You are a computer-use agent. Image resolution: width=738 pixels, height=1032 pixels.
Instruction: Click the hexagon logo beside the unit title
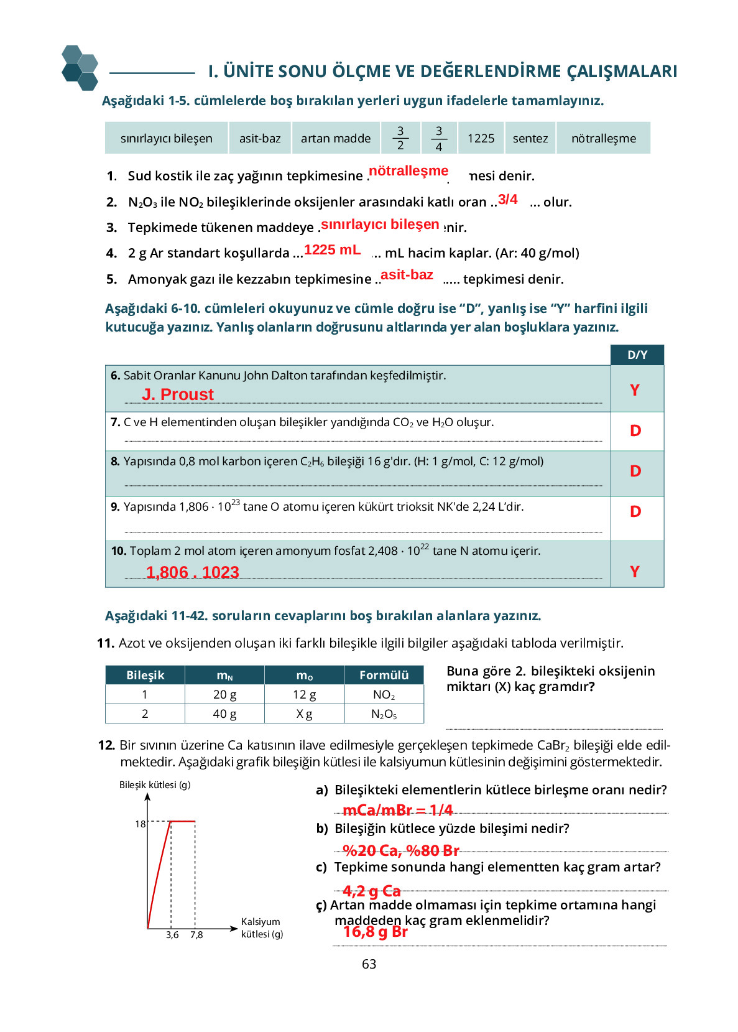[x=80, y=68]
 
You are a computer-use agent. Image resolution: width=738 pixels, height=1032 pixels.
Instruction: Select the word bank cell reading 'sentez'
[x=530, y=138]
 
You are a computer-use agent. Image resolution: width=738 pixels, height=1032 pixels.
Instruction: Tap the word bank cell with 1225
[x=481, y=138]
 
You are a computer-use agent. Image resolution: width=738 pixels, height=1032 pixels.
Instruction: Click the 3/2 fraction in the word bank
[x=400, y=138]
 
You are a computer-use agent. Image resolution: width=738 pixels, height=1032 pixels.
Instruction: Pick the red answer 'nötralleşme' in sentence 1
[x=408, y=171]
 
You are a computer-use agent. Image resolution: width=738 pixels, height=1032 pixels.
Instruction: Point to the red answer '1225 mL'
[x=332, y=250]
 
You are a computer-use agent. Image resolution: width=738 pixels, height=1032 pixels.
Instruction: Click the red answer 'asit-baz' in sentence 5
[x=407, y=275]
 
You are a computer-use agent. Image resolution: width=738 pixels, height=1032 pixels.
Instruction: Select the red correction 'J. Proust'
[x=178, y=394]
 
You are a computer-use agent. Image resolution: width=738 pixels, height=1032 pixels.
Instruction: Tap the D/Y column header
[x=637, y=355]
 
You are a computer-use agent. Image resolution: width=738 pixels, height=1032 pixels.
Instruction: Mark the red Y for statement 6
[x=635, y=390]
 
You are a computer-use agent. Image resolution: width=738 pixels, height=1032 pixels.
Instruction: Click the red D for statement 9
[x=635, y=511]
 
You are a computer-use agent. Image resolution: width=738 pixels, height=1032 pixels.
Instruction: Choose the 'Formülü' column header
[x=384, y=676]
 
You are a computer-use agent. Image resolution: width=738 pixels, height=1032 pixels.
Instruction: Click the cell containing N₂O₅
[x=384, y=714]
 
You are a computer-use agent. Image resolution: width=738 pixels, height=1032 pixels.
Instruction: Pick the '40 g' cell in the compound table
[x=224, y=714]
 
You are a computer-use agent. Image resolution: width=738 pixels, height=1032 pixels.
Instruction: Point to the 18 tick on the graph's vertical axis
[x=141, y=824]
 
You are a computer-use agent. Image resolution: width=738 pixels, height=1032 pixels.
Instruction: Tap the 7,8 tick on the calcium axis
[x=196, y=935]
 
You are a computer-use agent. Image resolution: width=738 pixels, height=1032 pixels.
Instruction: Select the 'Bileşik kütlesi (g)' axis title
[x=155, y=785]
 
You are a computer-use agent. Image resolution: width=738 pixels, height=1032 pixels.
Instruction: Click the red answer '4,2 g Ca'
[x=372, y=891]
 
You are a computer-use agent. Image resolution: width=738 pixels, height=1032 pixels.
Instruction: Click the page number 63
[x=369, y=964]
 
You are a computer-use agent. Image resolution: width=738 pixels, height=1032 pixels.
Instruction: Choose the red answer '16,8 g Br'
[x=376, y=932]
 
